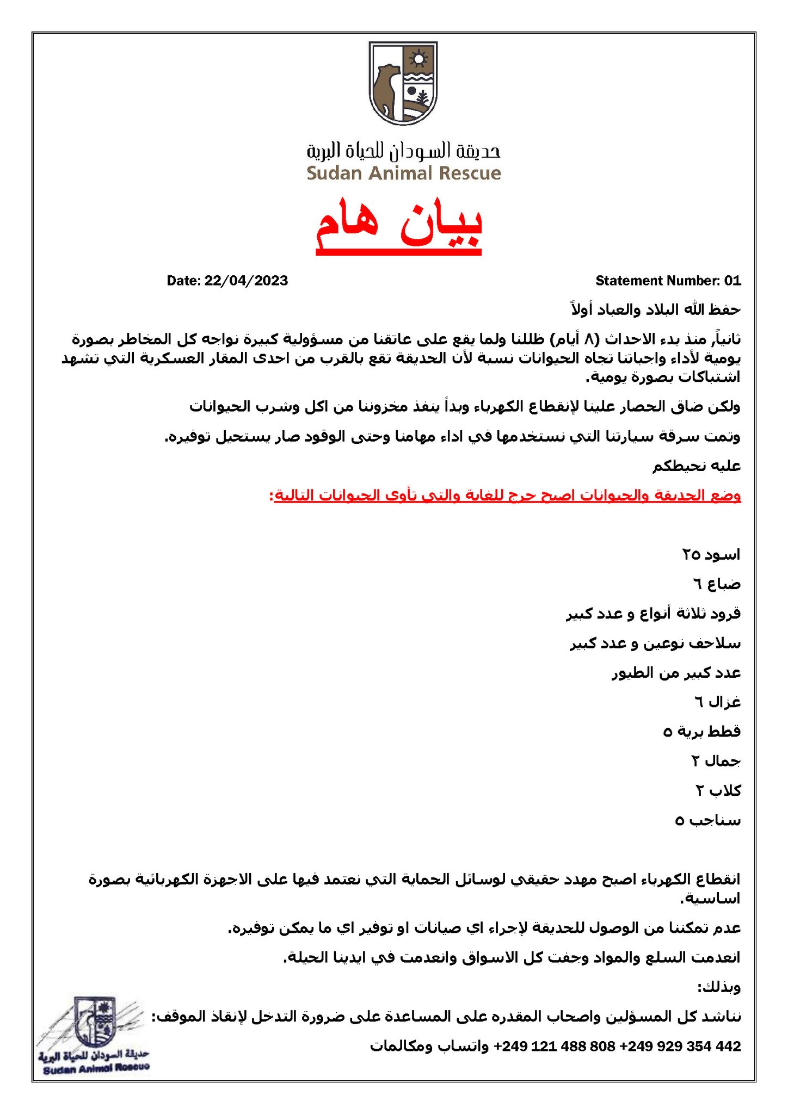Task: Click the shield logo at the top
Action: coord(403,83)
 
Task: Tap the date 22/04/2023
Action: coord(246,281)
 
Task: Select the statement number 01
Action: coord(732,281)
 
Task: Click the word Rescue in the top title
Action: coord(470,174)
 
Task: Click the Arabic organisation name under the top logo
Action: coord(403,151)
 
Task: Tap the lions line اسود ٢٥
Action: coord(711,555)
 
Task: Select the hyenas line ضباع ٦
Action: coord(716,584)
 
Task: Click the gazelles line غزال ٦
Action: coord(717,702)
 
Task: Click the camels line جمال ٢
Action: coord(716,761)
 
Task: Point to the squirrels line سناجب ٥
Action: coord(707,820)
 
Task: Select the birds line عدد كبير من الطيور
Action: coord(676,673)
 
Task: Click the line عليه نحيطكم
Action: coord(697,466)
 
